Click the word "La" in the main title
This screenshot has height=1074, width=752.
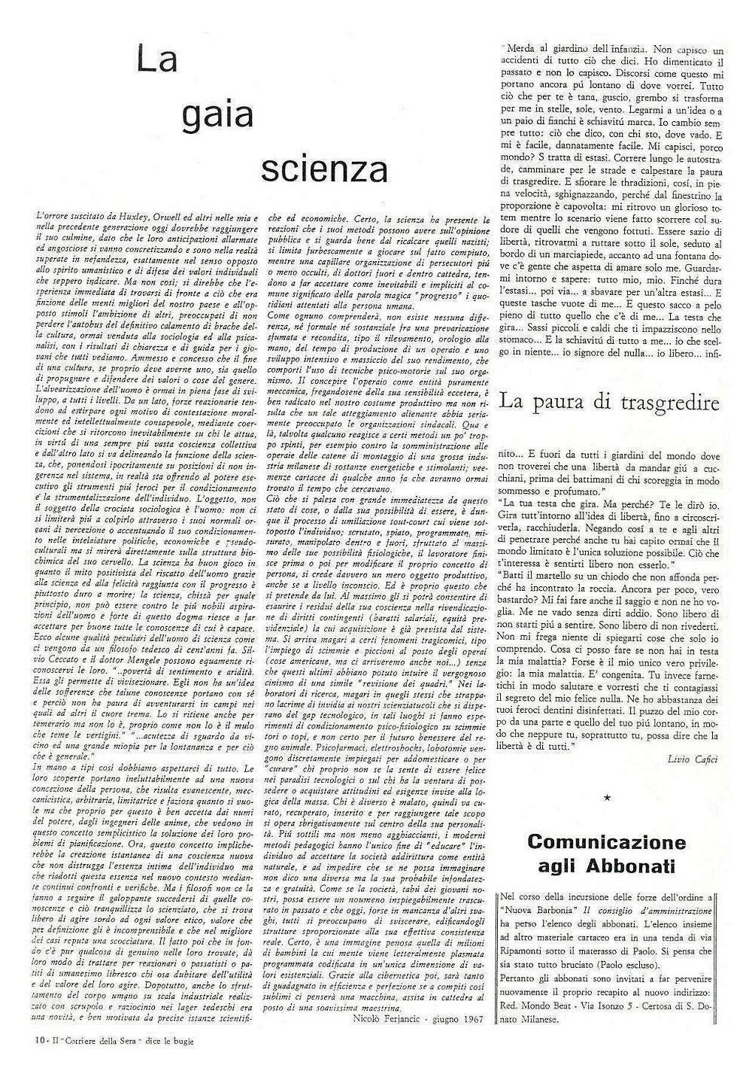[156, 59]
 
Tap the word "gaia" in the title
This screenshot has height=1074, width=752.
[216, 115]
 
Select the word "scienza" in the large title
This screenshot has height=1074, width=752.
[324, 170]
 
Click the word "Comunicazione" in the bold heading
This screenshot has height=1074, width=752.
[607, 841]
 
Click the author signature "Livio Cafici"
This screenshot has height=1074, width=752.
[692, 759]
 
